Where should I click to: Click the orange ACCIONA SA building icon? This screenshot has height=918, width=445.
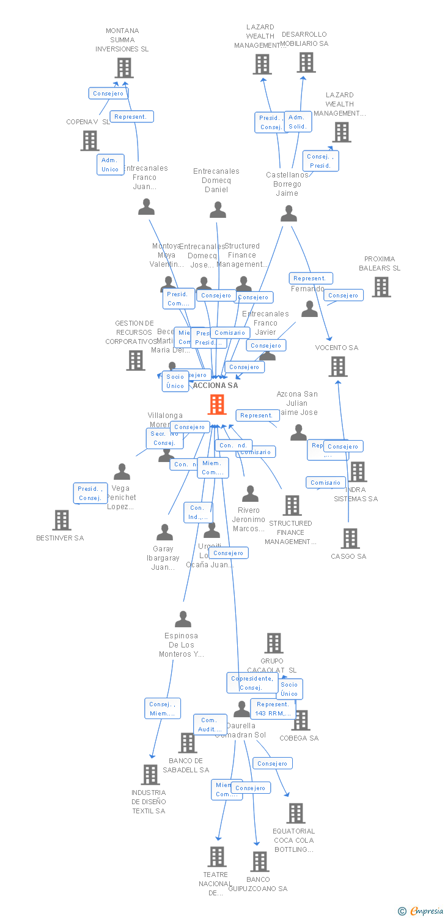pos(217,405)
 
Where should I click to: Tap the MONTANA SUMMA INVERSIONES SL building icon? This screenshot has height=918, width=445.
pos(124,68)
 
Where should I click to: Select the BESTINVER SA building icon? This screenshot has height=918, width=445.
pos(62,520)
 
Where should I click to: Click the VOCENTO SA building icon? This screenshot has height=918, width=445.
pos(338,367)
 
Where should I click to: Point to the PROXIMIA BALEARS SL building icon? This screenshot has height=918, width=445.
pos(381,287)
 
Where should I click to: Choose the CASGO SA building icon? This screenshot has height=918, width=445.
pos(350,539)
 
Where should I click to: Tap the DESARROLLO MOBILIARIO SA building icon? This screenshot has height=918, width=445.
pos(306,62)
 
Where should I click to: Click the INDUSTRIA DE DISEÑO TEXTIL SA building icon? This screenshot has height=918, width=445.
pos(150,775)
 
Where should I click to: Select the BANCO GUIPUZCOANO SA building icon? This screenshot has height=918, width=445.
pos(260,862)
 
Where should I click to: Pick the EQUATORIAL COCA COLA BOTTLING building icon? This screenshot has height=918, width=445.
pos(296,813)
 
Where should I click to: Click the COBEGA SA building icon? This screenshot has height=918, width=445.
pos(301,720)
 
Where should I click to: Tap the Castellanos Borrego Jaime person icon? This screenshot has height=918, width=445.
pos(289,214)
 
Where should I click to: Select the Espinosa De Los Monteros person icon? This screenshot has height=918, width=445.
pos(183,619)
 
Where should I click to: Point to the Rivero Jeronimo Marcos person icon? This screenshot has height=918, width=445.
pos(250,494)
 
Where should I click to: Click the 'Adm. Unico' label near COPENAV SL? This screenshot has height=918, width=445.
pos(110,165)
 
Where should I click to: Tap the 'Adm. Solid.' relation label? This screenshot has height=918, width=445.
pos(297,122)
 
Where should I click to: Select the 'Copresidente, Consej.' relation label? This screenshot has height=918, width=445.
pos(251,683)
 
